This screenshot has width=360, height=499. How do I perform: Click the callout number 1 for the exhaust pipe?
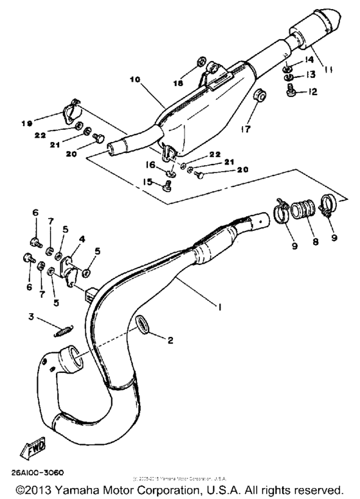click(x=220, y=307)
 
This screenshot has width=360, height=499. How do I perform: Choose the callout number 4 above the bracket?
click(x=81, y=239)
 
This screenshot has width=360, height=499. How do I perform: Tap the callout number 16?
click(x=152, y=165)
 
